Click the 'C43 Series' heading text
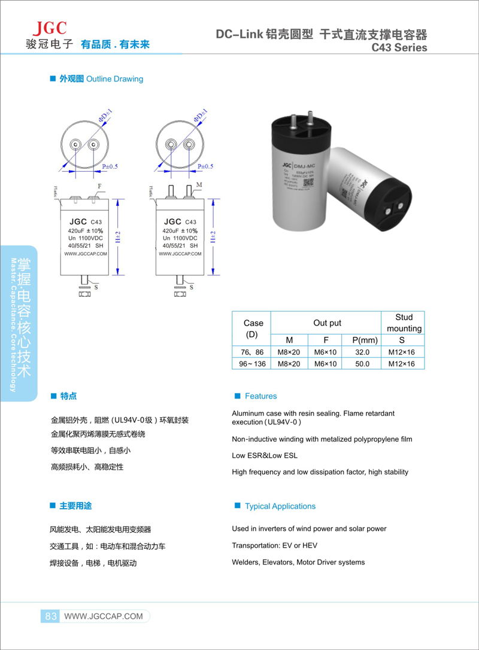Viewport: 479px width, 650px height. [x=399, y=47]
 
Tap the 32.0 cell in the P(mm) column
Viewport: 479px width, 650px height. [x=363, y=352]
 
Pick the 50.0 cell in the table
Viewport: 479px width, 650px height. [x=363, y=363]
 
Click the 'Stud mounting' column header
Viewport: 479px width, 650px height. [x=403, y=323]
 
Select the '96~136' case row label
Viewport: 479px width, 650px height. [x=251, y=363]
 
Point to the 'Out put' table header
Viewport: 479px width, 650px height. [x=327, y=323]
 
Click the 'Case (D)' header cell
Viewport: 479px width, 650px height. [x=253, y=329]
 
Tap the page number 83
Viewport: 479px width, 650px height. [x=50, y=616]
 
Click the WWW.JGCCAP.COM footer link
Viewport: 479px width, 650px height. [x=103, y=616]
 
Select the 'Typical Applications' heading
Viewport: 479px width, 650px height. [x=280, y=506]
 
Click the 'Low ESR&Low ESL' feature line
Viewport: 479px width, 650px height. [x=264, y=455]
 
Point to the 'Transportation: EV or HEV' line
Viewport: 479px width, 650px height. [x=274, y=545]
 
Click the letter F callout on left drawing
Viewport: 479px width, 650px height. [x=99, y=187]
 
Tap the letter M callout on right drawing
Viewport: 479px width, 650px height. [x=199, y=184]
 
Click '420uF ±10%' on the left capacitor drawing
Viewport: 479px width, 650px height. [x=86, y=230]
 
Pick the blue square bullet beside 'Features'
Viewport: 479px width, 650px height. [x=238, y=396]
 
